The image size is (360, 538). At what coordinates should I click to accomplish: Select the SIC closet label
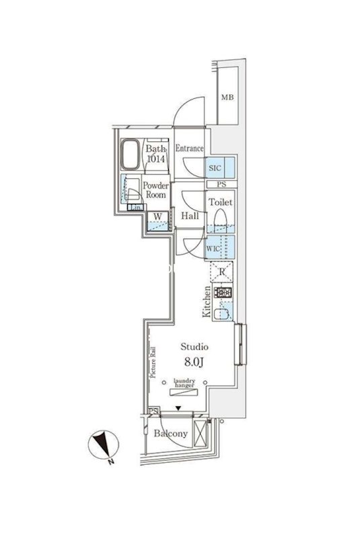(x=214, y=167)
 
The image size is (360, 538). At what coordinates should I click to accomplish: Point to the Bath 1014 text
(x=155, y=154)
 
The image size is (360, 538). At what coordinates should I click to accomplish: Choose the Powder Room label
(x=155, y=190)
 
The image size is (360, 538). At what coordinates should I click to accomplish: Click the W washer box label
(x=157, y=217)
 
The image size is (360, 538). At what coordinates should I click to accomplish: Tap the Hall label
(x=189, y=216)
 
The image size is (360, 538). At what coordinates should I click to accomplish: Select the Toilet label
(x=221, y=202)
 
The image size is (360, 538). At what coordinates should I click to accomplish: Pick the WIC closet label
(x=213, y=248)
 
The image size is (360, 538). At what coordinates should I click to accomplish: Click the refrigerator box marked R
(x=221, y=273)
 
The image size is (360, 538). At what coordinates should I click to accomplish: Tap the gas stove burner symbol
(x=223, y=293)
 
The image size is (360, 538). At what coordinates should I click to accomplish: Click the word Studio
(x=194, y=347)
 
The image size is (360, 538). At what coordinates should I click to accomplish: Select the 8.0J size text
(x=194, y=363)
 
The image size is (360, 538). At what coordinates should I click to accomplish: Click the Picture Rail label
(x=153, y=363)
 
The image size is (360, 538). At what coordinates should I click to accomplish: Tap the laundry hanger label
(x=184, y=384)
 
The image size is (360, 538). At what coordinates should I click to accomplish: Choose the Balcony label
(x=170, y=434)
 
